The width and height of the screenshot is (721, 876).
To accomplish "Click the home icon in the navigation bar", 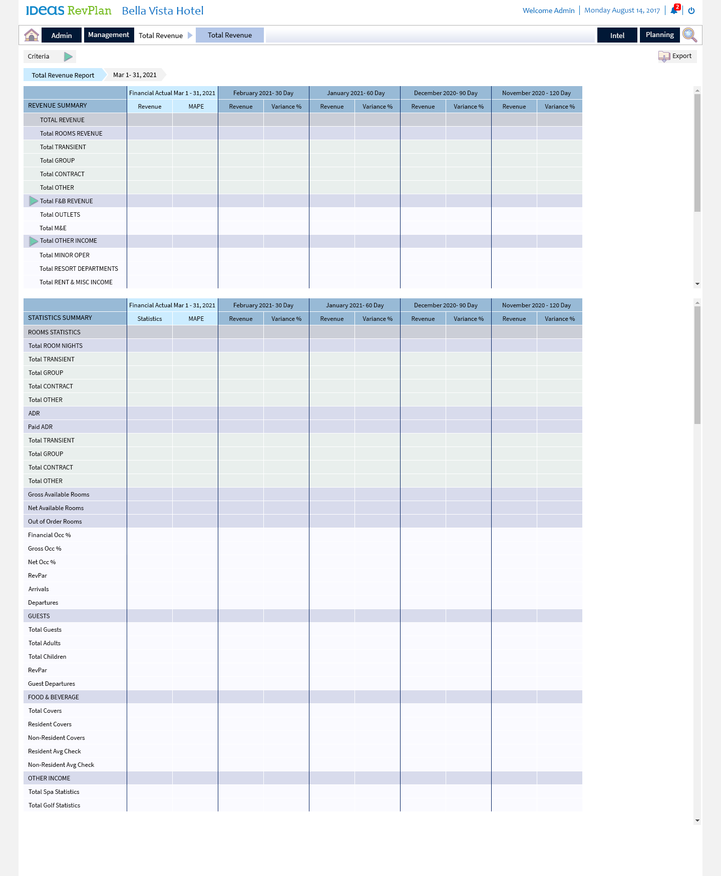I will click(32, 35).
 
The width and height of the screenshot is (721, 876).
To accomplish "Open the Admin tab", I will click(62, 35).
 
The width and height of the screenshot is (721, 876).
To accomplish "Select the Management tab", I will click(109, 35).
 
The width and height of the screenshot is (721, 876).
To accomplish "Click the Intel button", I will click(617, 35).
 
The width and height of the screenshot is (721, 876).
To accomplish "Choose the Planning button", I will click(659, 35).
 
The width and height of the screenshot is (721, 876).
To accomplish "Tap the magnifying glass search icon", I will click(689, 35).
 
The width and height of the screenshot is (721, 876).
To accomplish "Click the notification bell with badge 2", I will click(674, 10).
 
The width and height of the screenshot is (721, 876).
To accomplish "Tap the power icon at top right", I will click(691, 11).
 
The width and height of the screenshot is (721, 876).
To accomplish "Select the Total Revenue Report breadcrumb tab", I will click(63, 75).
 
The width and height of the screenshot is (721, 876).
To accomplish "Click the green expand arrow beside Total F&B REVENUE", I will click(33, 201).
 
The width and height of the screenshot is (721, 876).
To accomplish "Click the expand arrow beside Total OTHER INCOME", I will click(33, 241).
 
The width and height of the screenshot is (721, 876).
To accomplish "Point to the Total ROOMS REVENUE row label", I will click(71, 134).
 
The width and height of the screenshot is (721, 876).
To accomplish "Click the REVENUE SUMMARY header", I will click(58, 106).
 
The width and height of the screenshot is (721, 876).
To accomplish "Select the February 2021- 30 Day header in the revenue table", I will click(263, 93).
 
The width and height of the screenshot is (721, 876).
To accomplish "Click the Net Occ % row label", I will click(42, 562).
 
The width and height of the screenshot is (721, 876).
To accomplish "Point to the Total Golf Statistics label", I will click(54, 805).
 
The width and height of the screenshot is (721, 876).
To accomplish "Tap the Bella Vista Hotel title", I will click(163, 11).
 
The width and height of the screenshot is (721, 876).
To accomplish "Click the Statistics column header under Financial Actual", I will click(150, 319).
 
